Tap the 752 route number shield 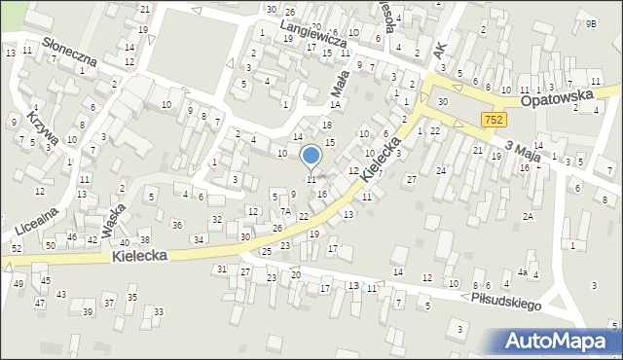(x=493, y=119)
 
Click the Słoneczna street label (x=69, y=53)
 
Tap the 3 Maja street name (x=523, y=148)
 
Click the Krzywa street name (x=43, y=124)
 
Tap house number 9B (x=591, y=22)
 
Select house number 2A (x=528, y=217)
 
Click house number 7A (x=285, y=211)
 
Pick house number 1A (x=334, y=104)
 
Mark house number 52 (x=15, y=249)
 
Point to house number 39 (x=88, y=311)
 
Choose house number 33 (x=159, y=311)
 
